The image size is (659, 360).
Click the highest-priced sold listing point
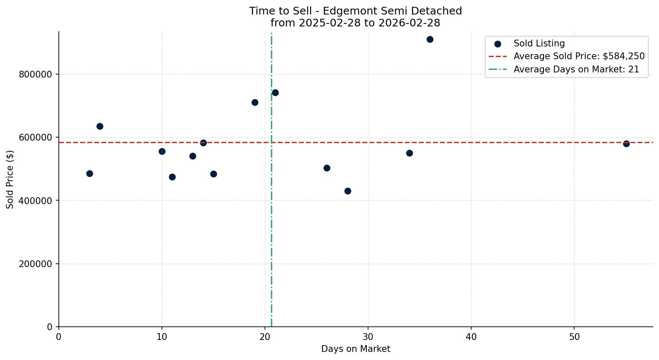pyautogui.click(x=430, y=40)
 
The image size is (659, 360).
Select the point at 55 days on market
pyautogui.click(x=626, y=144)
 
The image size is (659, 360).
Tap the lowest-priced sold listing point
pyautogui.click(x=348, y=191)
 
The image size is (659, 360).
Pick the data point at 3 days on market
pyautogui.click(x=89, y=174)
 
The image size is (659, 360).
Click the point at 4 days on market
pyautogui.click(x=100, y=127)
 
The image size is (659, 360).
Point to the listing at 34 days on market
pyautogui.click(x=409, y=153)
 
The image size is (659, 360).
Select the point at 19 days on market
pyautogui.click(x=255, y=103)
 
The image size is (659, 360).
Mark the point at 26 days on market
pyautogui.click(x=327, y=168)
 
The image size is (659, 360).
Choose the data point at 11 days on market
pyautogui.click(x=172, y=177)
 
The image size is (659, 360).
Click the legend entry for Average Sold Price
pyautogui.click(x=579, y=56)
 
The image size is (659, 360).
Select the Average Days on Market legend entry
pyautogui.click(x=576, y=69)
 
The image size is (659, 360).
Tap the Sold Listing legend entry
pyautogui.click(x=539, y=43)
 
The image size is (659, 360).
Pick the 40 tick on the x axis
pyautogui.click(x=471, y=337)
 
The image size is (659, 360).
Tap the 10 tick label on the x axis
pyautogui.click(x=162, y=337)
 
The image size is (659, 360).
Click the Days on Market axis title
pyautogui.click(x=356, y=349)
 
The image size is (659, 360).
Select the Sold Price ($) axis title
pyautogui.click(x=10, y=179)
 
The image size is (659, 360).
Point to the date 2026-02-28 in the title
pyautogui.click(x=410, y=23)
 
